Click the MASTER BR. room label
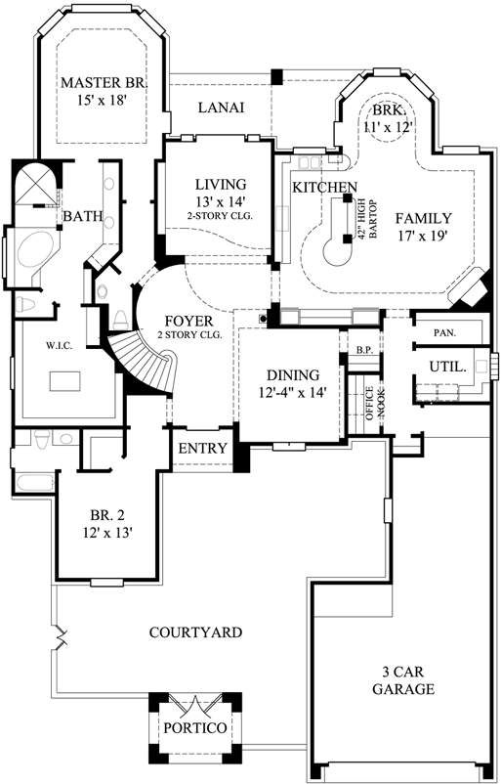103,82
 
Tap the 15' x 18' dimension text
103,100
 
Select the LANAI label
221,108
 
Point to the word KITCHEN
325,187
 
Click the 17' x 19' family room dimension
423,236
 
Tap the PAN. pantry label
445,332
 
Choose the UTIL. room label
445,367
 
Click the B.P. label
365,349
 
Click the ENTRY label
203,449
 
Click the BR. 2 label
107,516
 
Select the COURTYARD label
195,632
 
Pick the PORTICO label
195,728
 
